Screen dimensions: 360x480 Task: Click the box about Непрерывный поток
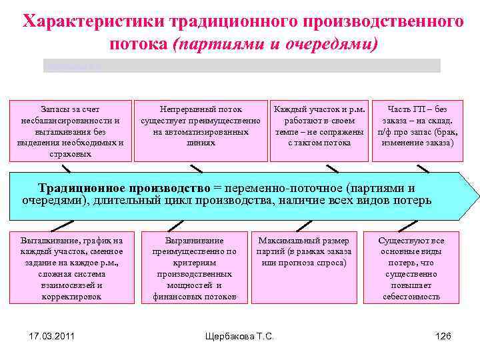click(201, 131)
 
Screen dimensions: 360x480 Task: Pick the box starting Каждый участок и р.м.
click(319, 131)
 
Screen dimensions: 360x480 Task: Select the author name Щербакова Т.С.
click(239, 336)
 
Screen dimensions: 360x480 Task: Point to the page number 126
click(443, 336)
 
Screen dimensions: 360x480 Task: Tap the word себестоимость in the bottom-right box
click(411, 297)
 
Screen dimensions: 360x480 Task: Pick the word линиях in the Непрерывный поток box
click(201, 143)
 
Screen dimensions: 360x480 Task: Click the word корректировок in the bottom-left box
click(71, 297)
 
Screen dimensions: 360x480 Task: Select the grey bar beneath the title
click(241, 65)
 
